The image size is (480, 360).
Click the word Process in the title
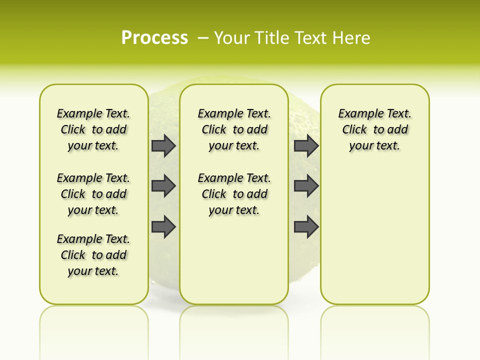pyautogui.click(x=154, y=38)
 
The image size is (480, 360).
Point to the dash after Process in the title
pyautogui.click(x=203, y=38)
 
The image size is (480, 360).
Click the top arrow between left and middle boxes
pyautogui.click(x=163, y=145)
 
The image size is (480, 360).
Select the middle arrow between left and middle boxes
pyautogui.click(x=163, y=186)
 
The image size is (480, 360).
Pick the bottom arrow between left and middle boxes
pyautogui.click(x=163, y=226)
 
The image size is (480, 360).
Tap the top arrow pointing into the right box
pyautogui.click(x=306, y=145)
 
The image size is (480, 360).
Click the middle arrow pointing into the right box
pyautogui.click(x=306, y=186)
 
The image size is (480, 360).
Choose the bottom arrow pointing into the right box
pyautogui.click(x=306, y=226)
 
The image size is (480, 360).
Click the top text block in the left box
pyautogui.click(x=93, y=129)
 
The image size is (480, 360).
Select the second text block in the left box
pyautogui.click(x=93, y=194)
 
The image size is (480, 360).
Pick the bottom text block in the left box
pyautogui.click(x=93, y=255)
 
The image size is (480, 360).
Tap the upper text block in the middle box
pyautogui.click(x=234, y=129)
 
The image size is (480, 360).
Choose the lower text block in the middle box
pyautogui.click(x=234, y=194)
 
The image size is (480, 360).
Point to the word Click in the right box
pyautogui.click(x=354, y=129)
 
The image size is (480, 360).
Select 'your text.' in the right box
pyautogui.click(x=374, y=146)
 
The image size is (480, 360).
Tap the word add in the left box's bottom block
pyautogui.click(x=116, y=255)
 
